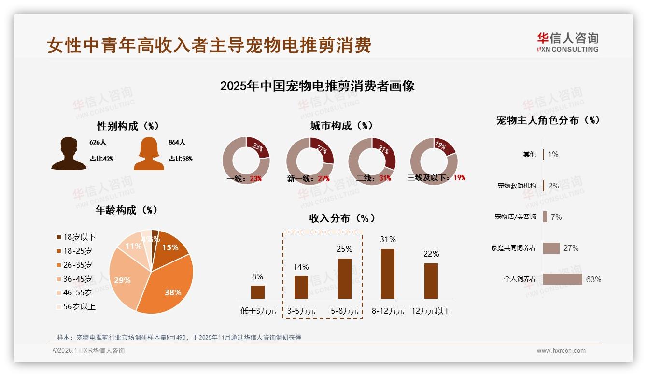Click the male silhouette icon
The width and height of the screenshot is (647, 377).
(x=69, y=154)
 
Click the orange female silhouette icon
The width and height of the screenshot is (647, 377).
(x=149, y=154)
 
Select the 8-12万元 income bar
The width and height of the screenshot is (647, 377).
(x=388, y=274)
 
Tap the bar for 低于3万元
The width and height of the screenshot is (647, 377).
(x=258, y=292)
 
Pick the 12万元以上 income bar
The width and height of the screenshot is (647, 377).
(x=431, y=281)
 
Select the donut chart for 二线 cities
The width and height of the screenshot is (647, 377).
(x=372, y=160)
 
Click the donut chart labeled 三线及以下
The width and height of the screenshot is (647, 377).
(x=433, y=160)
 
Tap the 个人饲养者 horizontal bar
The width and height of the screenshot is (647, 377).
(x=563, y=279)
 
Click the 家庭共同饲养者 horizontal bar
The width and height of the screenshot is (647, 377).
(x=551, y=248)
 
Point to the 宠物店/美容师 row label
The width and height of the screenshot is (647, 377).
(x=515, y=217)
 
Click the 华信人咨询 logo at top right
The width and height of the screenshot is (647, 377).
(x=567, y=42)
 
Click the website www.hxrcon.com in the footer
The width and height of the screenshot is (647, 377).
(x=561, y=351)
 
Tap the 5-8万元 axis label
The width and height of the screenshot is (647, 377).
(x=345, y=311)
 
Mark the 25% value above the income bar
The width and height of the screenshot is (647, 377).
(x=345, y=249)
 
